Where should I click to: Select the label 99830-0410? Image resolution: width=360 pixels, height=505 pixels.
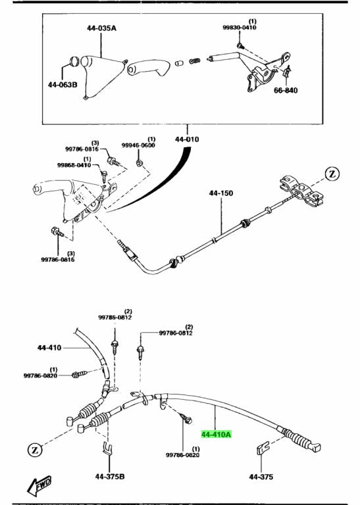[240, 28]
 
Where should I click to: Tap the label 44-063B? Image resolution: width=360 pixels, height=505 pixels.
[63, 84]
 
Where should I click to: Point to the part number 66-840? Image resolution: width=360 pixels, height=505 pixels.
[286, 90]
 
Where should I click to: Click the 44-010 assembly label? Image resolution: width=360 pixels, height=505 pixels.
[187, 139]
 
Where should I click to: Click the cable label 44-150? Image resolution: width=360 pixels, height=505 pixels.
[222, 194]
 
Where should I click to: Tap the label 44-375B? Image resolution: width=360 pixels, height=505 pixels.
[109, 476]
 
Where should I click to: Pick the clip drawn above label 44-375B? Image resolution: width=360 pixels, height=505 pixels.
[106, 451]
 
